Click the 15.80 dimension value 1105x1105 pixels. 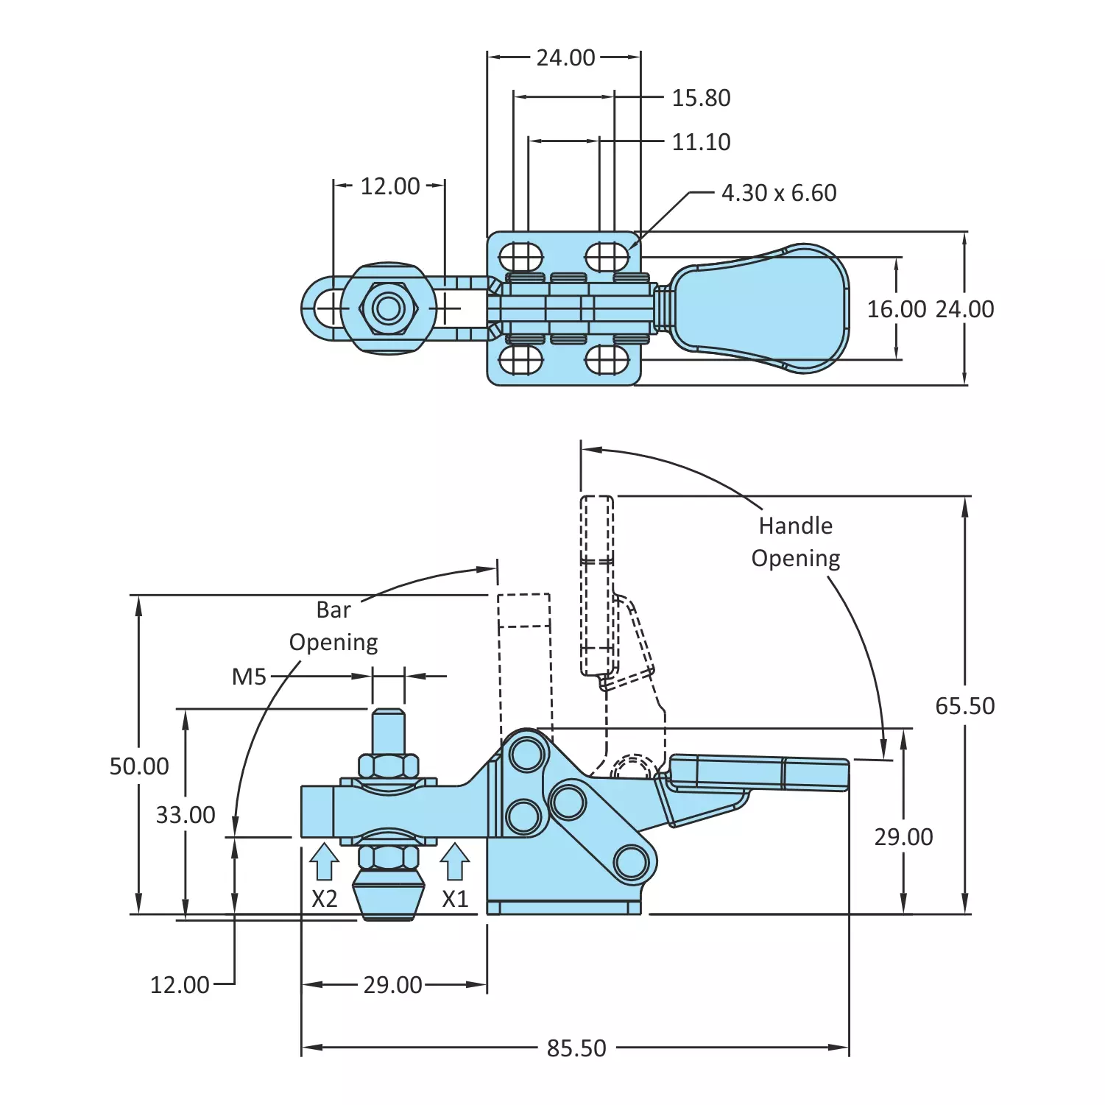click(x=701, y=98)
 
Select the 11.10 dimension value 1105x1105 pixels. click(x=701, y=142)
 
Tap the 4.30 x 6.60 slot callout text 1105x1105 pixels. click(x=779, y=193)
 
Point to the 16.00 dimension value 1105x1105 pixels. click(x=896, y=309)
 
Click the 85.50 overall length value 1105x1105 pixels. click(x=576, y=1048)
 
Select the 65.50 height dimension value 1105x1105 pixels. click(x=964, y=706)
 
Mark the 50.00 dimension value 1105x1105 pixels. click(x=139, y=766)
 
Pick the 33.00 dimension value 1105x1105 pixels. click(x=186, y=815)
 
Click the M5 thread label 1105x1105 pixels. click(x=249, y=677)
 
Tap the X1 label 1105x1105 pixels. click(x=455, y=899)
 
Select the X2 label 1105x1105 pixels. click(x=324, y=899)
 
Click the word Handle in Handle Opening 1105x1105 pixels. click(x=795, y=526)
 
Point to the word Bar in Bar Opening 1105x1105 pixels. click(x=333, y=610)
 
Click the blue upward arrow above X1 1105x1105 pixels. click(x=455, y=861)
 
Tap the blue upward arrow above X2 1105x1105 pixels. click(x=324, y=861)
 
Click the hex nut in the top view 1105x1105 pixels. click(x=388, y=308)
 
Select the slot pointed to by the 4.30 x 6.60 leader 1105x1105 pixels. click(x=607, y=258)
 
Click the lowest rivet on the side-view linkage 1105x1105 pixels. click(x=632, y=862)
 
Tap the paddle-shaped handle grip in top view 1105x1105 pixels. click(x=762, y=308)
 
